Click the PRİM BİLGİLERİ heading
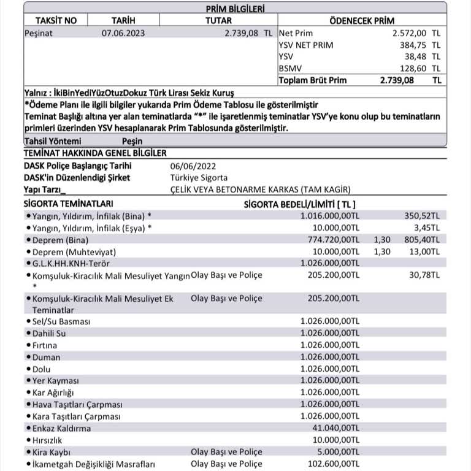[235, 7]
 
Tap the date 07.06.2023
[123, 34]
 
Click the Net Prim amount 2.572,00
[409, 34]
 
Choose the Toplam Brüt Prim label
[312, 80]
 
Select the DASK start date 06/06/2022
[193, 166]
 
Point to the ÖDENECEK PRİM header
[362, 20]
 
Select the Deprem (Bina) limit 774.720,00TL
[330, 240]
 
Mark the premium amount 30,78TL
[424, 275]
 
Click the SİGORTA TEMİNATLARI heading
[68, 203]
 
